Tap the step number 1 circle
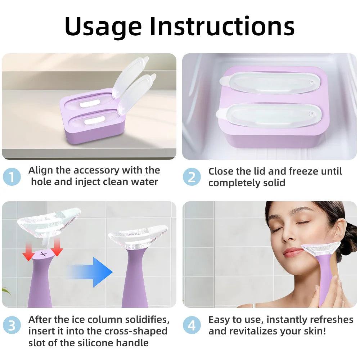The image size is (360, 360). coord(12,176)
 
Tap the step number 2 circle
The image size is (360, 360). coord(192,176)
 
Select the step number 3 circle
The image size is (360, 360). coord(12,325)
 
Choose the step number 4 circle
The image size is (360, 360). coord(192,325)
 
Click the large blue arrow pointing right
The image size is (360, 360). coord(92,272)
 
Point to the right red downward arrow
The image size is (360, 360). coord(57,249)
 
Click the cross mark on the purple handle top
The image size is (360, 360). coord(44,254)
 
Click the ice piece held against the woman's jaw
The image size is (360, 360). coord(320,248)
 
